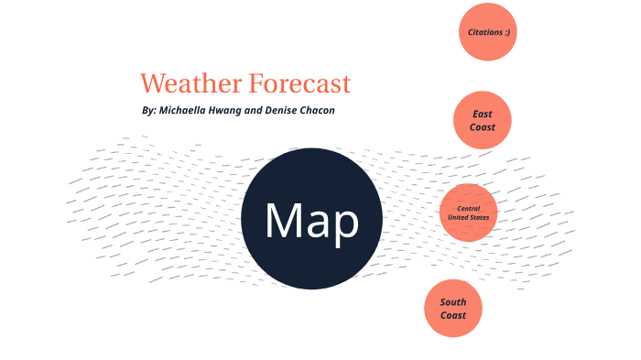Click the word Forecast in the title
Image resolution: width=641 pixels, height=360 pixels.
(x=299, y=84)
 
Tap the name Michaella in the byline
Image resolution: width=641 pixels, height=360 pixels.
(x=189, y=110)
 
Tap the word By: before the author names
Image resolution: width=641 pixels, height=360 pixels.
(x=149, y=110)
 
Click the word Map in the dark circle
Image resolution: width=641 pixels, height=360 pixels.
(x=311, y=220)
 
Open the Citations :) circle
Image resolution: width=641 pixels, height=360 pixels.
(x=488, y=32)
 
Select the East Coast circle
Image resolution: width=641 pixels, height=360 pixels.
(x=482, y=120)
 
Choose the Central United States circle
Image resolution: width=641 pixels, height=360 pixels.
(x=469, y=213)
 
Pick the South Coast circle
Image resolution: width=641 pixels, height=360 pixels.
(x=452, y=309)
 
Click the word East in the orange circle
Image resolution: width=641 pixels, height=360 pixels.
(x=483, y=114)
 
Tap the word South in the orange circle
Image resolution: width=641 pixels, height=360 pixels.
(x=453, y=302)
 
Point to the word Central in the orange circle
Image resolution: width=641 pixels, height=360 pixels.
(x=469, y=209)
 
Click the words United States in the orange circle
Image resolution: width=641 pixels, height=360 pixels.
(x=469, y=218)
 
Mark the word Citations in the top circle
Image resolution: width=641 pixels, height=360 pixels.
(x=483, y=32)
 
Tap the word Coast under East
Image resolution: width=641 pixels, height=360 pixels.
(x=483, y=127)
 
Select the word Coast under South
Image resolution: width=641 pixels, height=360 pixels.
(x=453, y=315)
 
